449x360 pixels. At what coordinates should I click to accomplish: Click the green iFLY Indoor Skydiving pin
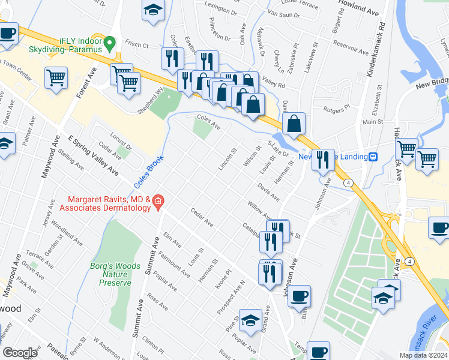109,43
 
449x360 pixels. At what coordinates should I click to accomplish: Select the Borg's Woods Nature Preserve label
109,274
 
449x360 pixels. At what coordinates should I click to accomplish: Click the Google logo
20,353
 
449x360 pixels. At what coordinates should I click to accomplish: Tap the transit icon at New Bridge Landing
373,157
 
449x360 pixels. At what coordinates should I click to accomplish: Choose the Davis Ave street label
268,193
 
